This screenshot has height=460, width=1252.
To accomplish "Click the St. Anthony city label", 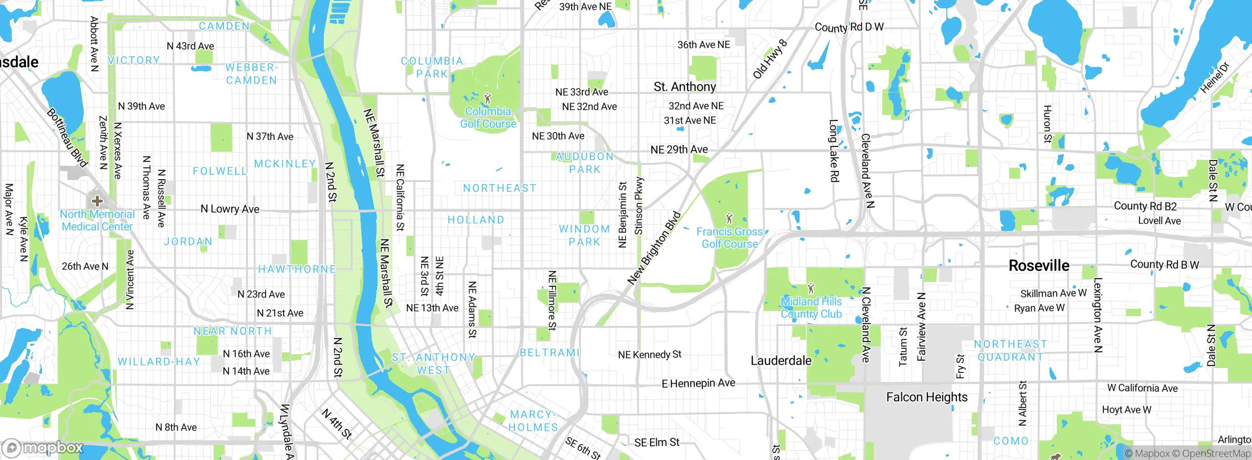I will (x=685, y=87).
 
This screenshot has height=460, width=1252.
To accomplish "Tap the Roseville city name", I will (x=1039, y=266).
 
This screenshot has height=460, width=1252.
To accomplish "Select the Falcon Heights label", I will (x=927, y=397).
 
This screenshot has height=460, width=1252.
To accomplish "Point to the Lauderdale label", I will (x=781, y=361).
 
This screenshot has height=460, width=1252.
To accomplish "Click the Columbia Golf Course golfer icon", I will (x=487, y=98).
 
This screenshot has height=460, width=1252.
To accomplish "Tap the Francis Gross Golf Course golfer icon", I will (x=729, y=218).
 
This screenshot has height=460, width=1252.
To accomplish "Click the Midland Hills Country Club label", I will (x=811, y=308).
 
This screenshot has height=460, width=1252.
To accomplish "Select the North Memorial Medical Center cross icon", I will (x=97, y=201).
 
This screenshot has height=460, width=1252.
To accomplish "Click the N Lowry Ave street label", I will (x=230, y=209).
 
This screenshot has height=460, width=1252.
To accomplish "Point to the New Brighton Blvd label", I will (x=654, y=248).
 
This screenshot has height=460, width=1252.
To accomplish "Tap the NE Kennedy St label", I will (x=649, y=355).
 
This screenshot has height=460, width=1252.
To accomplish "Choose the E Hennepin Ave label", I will (x=698, y=384).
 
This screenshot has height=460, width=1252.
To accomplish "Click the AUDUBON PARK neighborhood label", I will (x=584, y=163).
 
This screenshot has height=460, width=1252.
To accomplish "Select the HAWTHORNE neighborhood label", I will (x=297, y=269).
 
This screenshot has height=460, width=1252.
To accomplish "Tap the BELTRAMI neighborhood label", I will (x=549, y=353).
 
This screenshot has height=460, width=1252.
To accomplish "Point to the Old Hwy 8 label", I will (x=770, y=59).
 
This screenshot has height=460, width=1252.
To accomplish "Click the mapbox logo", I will (x=43, y=448).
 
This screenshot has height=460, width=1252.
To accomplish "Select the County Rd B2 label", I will (x=1145, y=206).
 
